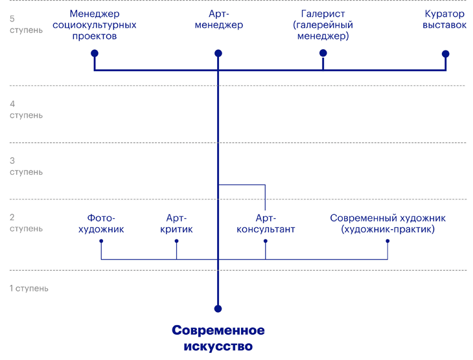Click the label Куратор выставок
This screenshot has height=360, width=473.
pyautogui.click(x=444, y=19)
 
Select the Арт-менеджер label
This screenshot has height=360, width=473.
pyautogui.click(x=218, y=19)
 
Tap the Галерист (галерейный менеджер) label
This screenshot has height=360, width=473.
pyautogui.click(x=323, y=25)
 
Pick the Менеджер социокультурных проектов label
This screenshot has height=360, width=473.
pyautogui.click(x=94, y=25)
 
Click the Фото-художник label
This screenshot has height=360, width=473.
pyautogui.click(x=101, y=224)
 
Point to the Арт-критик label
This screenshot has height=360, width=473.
pyautogui.click(x=176, y=224)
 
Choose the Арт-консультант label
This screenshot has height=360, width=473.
pyautogui.click(x=266, y=224)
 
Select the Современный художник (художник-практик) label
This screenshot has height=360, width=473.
pyautogui.click(x=387, y=224)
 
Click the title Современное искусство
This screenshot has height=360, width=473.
pyautogui.click(x=218, y=338)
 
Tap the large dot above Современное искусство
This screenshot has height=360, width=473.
pyautogui.click(x=218, y=309)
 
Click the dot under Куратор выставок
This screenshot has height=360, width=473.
pyautogui.click(x=446, y=54)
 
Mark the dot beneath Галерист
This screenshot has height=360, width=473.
pyautogui.click(x=323, y=53)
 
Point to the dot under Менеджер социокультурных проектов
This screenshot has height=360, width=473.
pyautogui.click(x=95, y=53)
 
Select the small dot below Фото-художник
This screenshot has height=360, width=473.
pyautogui.click(x=101, y=241)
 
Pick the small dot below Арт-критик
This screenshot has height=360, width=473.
pyautogui.click(x=176, y=241)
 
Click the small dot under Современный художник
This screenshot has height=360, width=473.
pyautogui.click(x=387, y=241)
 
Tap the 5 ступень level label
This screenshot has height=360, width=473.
pyautogui.click(x=26, y=25)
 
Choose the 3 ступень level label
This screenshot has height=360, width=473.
pyautogui.click(x=26, y=166)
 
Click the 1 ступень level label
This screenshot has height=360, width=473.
pyautogui.click(x=29, y=288)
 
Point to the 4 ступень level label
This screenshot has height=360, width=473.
pyautogui.click(x=26, y=109)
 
